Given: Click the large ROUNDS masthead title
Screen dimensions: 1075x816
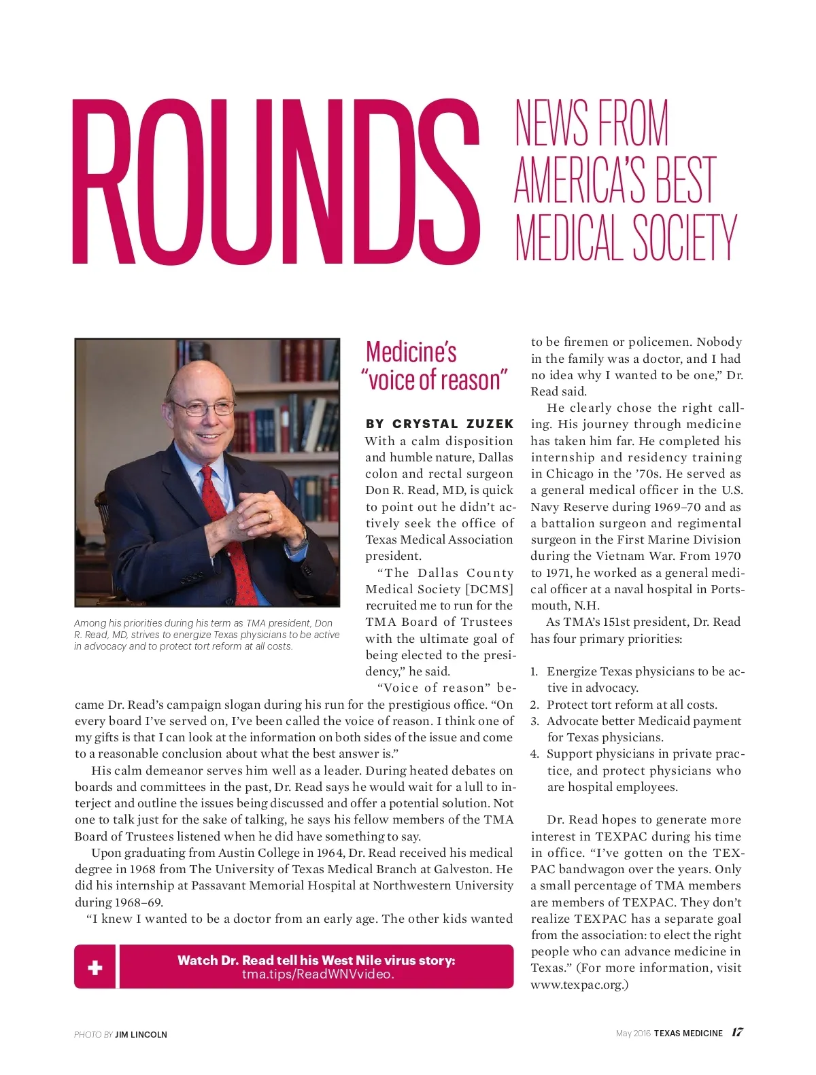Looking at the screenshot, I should pyautogui.click(x=275, y=182).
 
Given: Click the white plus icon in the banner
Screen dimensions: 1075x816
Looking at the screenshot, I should pyautogui.click(x=95, y=967).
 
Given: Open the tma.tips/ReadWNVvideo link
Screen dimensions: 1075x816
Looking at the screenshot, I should pyautogui.click(x=318, y=974).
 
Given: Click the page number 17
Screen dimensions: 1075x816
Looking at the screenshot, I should pyautogui.click(x=737, y=1032).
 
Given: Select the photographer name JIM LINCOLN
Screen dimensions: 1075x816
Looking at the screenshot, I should pyautogui.click(x=141, y=1034).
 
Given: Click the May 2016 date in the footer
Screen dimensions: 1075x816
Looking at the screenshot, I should pyautogui.click(x=632, y=1033).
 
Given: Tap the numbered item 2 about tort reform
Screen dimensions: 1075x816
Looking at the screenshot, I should pyautogui.click(x=631, y=705).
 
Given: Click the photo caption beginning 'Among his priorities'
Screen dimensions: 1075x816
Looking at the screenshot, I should pyautogui.click(x=207, y=635).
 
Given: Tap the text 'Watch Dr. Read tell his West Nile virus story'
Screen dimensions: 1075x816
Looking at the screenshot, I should pyautogui.click(x=316, y=959).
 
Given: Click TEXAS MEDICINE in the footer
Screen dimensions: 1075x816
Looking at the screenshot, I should pyautogui.click(x=688, y=1033).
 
